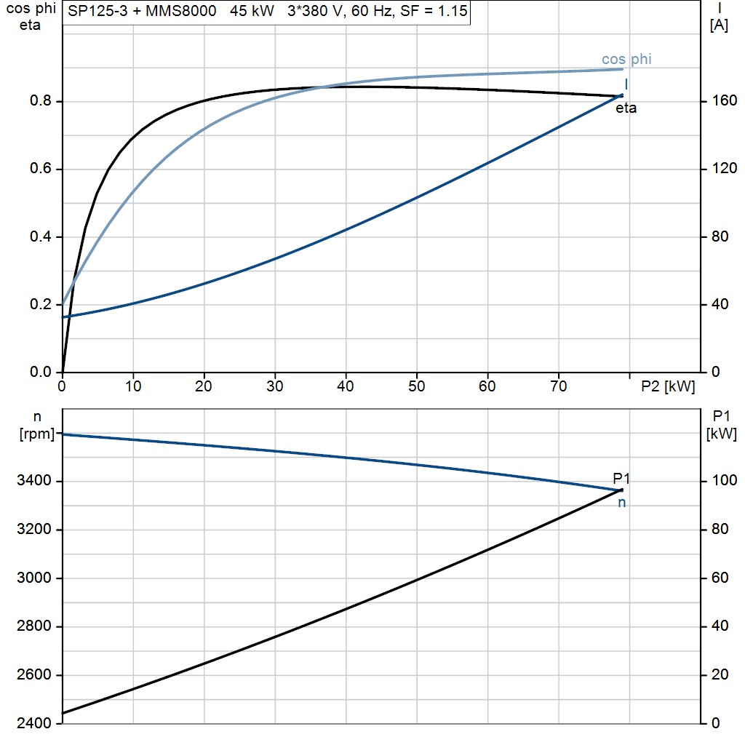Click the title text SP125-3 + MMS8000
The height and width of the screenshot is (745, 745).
tap(142, 11)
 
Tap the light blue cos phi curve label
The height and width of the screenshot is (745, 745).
tap(626, 59)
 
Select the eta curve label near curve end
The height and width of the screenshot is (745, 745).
tap(626, 108)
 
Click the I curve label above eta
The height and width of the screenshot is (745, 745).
tap(626, 84)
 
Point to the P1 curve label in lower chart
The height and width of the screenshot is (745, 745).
tap(621, 478)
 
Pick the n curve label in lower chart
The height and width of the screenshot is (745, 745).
tap(621, 503)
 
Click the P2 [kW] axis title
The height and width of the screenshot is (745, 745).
tap(668, 387)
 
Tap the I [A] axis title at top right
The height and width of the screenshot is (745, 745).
tap(719, 17)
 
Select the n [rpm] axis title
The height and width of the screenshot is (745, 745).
tap(36, 425)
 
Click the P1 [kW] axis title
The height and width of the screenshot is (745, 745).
tap(721, 425)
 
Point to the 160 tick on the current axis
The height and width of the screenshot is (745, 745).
tap(724, 100)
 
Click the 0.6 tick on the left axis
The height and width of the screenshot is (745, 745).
tap(41, 169)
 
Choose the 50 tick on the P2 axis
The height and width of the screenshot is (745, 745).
tap(417, 386)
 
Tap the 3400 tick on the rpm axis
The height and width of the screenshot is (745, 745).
tap(33, 480)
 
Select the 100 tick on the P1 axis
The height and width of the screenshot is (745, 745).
tap(724, 480)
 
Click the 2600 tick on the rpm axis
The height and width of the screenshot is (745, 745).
tap(33, 674)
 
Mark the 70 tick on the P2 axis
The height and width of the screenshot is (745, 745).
tap(559, 386)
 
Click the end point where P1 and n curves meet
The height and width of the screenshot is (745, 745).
tap(621, 490)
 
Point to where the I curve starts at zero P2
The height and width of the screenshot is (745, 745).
tap(63, 317)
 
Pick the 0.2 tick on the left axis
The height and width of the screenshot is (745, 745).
tap(41, 304)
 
